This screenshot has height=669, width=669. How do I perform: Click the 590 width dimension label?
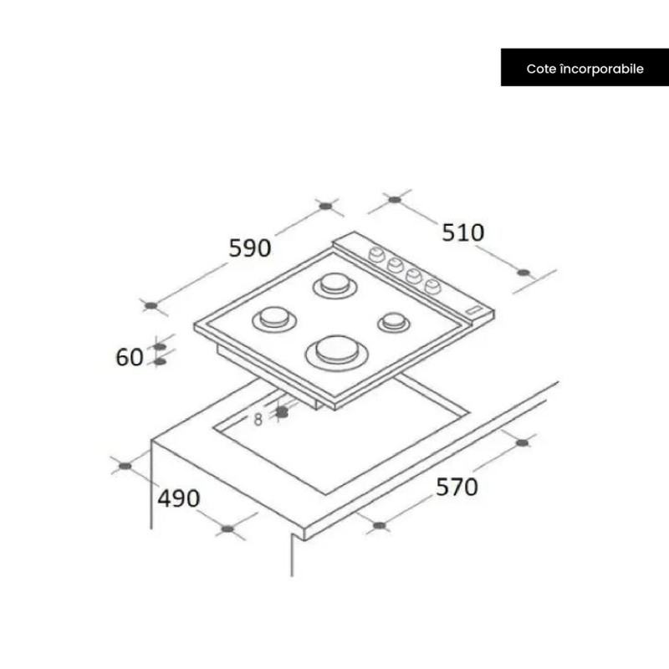pyautogui.click(x=250, y=248)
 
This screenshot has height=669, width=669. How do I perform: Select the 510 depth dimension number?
pyautogui.click(x=463, y=232)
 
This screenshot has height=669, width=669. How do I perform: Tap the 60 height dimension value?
pyautogui.click(x=130, y=357)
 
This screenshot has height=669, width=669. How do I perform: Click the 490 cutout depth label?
pyautogui.click(x=179, y=498)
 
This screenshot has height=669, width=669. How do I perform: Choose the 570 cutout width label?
pyautogui.click(x=456, y=487)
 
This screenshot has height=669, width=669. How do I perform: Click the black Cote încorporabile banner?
pyautogui.click(x=585, y=69)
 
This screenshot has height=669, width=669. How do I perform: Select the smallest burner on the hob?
pyautogui.click(x=392, y=321)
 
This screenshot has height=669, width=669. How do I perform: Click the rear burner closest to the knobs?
pyautogui.click(x=331, y=286)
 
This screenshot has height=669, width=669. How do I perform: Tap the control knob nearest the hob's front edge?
pyautogui.click(x=432, y=287)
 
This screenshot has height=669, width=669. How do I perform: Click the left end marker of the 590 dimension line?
pyautogui.click(x=151, y=305)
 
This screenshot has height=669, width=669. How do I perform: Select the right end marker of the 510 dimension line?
pyautogui.click(x=524, y=272)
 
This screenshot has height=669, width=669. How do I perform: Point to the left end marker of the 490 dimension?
pyautogui.click(x=125, y=465)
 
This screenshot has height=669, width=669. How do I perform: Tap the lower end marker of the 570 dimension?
pyautogui.click(x=379, y=526)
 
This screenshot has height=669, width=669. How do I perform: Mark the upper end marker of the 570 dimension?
pyautogui.click(x=523, y=442)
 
